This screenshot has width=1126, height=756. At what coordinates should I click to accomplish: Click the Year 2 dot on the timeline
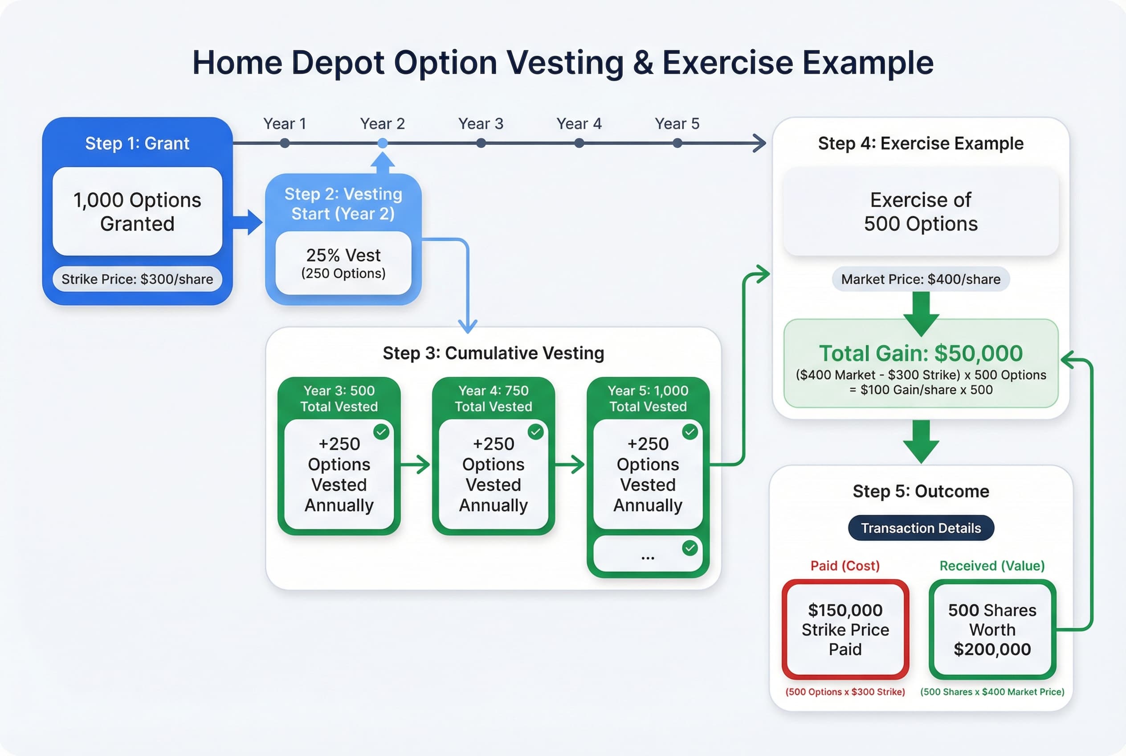[x=383, y=143]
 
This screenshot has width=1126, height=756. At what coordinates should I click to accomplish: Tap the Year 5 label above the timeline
[x=677, y=124]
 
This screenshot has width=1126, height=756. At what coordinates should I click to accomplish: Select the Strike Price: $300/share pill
[x=137, y=279]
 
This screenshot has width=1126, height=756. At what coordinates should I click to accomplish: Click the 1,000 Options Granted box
[x=137, y=212]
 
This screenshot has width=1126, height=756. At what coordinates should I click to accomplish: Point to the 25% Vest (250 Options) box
[x=343, y=263]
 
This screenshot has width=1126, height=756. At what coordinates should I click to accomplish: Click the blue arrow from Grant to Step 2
[x=248, y=222]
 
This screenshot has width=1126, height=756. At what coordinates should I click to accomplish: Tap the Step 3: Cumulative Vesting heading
[x=493, y=353]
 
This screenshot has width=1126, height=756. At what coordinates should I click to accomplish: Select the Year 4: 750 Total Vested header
[x=493, y=398]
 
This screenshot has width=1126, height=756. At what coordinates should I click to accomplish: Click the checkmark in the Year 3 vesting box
[x=381, y=431]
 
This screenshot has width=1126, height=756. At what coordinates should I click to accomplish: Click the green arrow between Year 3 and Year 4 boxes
[x=415, y=465]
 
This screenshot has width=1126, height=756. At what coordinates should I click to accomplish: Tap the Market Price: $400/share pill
[x=920, y=279]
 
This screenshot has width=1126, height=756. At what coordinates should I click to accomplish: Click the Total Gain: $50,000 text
[x=920, y=353]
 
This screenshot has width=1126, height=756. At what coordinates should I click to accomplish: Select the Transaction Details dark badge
[x=920, y=528]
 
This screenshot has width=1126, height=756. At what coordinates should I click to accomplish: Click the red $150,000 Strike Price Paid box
[x=845, y=629]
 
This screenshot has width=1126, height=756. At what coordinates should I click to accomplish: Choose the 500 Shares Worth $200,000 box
[x=992, y=629]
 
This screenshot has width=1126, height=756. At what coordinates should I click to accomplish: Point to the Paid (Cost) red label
[x=844, y=566]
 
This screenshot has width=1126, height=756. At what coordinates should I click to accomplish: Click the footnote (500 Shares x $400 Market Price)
[x=992, y=692]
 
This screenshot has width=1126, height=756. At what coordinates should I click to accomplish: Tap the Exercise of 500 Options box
[x=920, y=212]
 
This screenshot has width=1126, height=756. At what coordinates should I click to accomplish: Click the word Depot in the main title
[x=338, y=63]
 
